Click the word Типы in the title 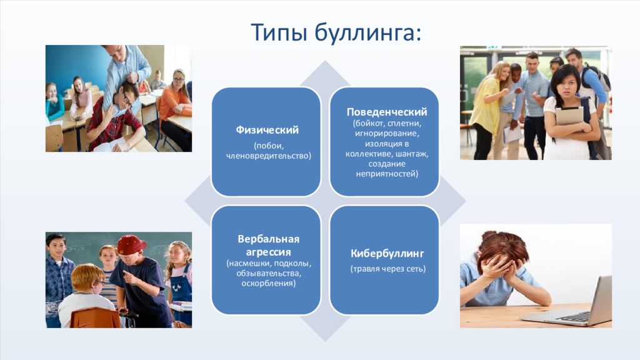[x=278, y=32]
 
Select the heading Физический [x=267, y=130]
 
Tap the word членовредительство [x=267, y=156]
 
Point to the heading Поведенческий [x=386, y=112]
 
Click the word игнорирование [x=386, y=134]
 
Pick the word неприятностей [x=386, y=174]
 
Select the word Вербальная [x=269, y=239]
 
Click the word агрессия [x=268, y=252]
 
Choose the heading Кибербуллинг [x=387, y=254]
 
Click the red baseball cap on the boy [x=131, y=244]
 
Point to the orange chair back [x=96, y=317]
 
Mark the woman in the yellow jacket [x=488, y=110]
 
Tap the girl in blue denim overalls [x=179, y=282]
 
